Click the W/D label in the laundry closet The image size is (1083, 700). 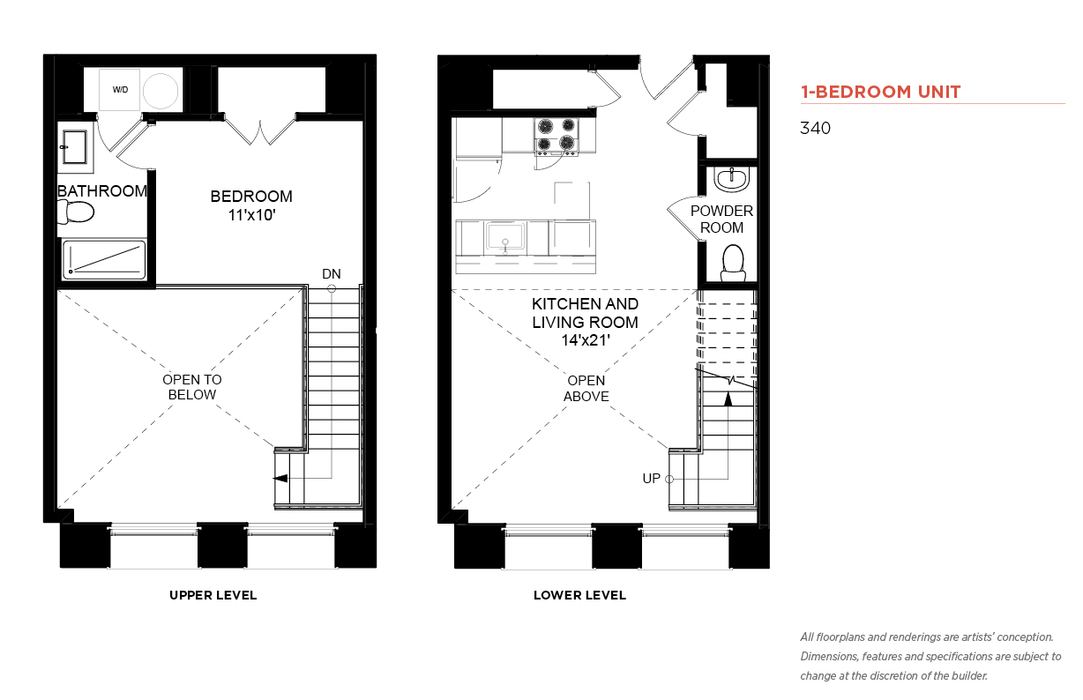click(121, 90)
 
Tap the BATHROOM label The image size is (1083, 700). click(102, 191)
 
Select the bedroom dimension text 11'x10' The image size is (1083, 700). click(252, 214)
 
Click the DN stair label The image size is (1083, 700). click(332, 274)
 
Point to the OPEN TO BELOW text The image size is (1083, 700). click(192, 387)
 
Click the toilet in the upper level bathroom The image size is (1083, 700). click(76, 212)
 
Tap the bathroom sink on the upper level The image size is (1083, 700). click(74, 147)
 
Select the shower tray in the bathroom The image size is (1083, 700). click(104, 260)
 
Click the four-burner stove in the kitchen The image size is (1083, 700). click(556, 137)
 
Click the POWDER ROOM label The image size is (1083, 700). click(721, 219)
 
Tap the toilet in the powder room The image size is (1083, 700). click(733, 264)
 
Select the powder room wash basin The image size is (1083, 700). click(732, 179)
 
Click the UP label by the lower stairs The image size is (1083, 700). click(651, 479)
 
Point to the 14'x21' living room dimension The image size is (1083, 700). click(586, 340)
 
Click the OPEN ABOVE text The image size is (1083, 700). click(586, 388)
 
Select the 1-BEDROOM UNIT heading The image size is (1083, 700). click(880, 92)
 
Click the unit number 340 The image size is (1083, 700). click(815, 128)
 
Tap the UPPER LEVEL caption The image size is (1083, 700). click(213, 595)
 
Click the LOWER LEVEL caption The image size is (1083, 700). click(579, 595)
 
